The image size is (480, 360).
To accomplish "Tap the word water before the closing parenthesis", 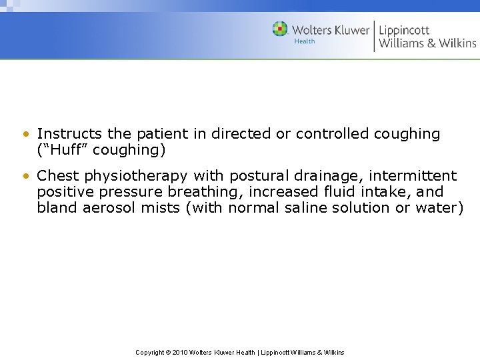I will coord(437,207).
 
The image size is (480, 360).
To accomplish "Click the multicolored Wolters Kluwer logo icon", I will coord(280,29).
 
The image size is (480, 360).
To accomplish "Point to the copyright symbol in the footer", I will coord(167,352).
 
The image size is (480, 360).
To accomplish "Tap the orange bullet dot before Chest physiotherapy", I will coord(25,177).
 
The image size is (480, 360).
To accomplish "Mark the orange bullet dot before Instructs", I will coord(25,135).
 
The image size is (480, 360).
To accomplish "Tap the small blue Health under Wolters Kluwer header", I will coord(304,42).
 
